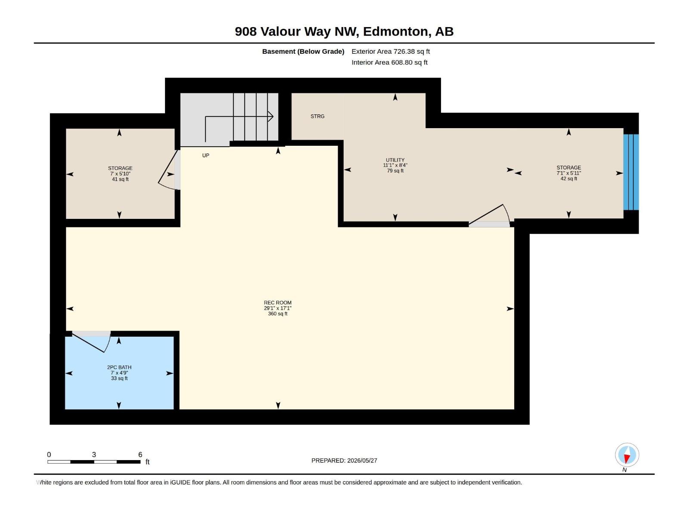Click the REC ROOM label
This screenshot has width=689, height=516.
tap(277, 303)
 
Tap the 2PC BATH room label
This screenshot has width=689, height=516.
tap(119, 367)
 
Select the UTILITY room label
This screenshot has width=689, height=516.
tap(395, 160)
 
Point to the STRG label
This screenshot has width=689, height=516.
tap(317, 116)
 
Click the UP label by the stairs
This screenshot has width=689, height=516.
tap(205, 155)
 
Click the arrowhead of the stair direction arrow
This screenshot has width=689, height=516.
tap(270, 117)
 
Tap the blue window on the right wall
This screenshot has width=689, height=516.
tap(631, 172)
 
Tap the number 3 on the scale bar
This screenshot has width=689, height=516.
tap(94, 455)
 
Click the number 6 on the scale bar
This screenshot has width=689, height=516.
tap(140, 455)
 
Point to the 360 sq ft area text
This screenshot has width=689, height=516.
tap(277, 313)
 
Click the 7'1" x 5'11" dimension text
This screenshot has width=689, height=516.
tap(569, 173)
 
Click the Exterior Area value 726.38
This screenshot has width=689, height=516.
tap(404, 51)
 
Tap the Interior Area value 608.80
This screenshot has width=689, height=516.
tap(402, 62)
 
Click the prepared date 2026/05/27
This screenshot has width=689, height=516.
tap(362, 461)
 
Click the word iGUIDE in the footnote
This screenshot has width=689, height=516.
tap(180, 482)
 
